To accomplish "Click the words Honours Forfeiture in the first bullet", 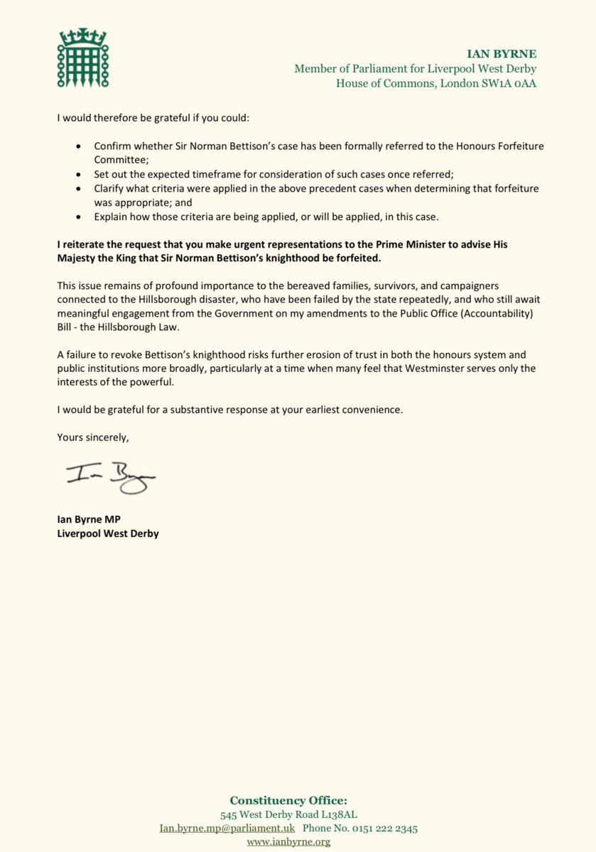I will pyautogui.click(x=521, y=145).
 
